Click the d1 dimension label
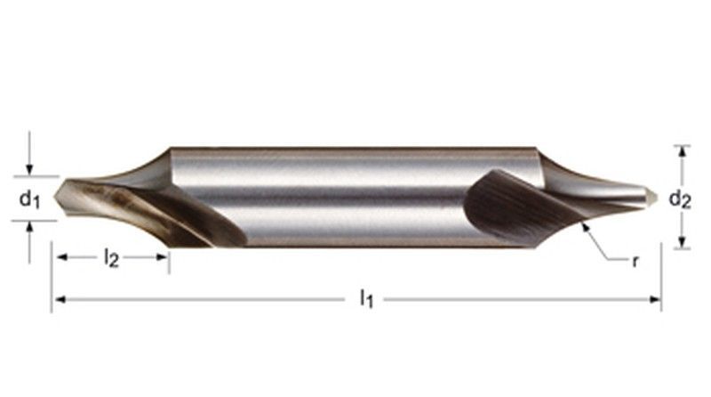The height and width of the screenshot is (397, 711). (30, 199)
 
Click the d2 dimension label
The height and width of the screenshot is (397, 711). (680, 199)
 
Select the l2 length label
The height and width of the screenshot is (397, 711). (110, 258)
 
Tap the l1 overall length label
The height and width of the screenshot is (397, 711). (365, 299)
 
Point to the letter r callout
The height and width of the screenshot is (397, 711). (635, 262)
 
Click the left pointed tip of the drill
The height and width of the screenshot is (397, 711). (57, 191)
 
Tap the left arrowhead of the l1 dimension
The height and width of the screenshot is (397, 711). (57, 300)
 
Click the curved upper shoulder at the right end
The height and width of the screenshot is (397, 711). (569, 170)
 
